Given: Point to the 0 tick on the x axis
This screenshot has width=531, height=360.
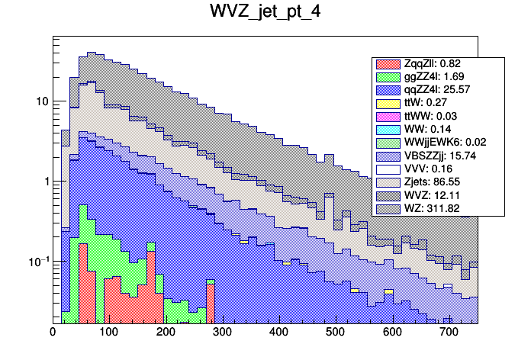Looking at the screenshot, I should tap(53, 333).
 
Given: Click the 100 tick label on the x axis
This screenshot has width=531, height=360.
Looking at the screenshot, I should tap(108, 333).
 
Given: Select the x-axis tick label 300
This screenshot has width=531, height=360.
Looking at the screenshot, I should tap(222, 333).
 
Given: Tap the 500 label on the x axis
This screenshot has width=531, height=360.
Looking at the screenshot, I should tap(335, 333).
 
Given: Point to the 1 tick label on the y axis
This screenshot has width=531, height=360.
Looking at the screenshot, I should tap(45, 182).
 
